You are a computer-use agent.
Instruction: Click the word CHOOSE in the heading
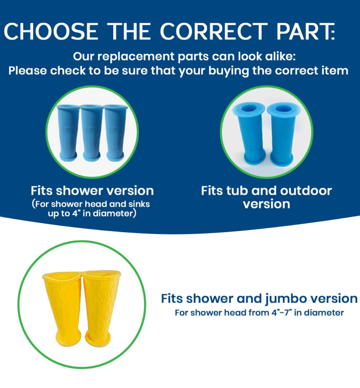click(x=51, y=31)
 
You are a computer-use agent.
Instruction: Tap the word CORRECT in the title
click(x=214, y=31)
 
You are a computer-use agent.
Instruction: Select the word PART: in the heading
click(x=306, y=31)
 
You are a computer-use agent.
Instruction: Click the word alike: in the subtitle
click(x=280, y=57)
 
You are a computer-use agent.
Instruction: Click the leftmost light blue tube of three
click(x=67, y=133)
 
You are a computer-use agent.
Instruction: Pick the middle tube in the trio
click(x=92, y=133)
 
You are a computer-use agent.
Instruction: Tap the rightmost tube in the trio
click(x=115, y=133)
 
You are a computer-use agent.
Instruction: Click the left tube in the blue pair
click(x=250, y=135)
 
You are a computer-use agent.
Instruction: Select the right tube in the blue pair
click(x=282, y=135)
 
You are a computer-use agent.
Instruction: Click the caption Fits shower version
click(x=92, y=191)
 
